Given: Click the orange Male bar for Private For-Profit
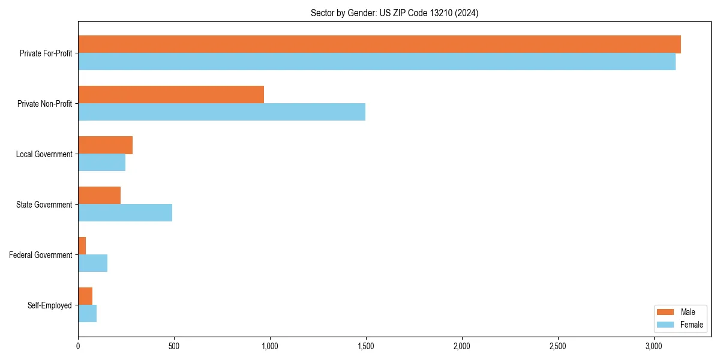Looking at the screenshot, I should (379, 44).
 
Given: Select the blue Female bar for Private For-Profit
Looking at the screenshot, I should (377, 61).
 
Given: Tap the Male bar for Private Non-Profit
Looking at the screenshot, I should (171, 95).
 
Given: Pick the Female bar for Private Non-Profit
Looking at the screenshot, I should (221, 112).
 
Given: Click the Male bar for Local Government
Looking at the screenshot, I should (105, 145).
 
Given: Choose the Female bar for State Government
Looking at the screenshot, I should (125, 212).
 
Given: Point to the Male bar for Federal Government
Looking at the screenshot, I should (82, 246).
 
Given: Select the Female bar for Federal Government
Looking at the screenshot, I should (92, 263).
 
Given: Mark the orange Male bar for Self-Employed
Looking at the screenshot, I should (85, 296).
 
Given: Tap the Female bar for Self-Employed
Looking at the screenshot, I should (87, 313).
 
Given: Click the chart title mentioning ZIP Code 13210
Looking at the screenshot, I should (394, 13).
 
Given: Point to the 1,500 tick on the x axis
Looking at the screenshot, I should (365, 347).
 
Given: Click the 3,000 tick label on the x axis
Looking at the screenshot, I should (653, 347).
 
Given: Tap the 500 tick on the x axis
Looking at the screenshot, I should (174, 347).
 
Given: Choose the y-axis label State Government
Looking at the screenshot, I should (44, 205).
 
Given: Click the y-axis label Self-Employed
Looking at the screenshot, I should (49, 305).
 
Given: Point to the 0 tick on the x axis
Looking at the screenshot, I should (78, 347).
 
